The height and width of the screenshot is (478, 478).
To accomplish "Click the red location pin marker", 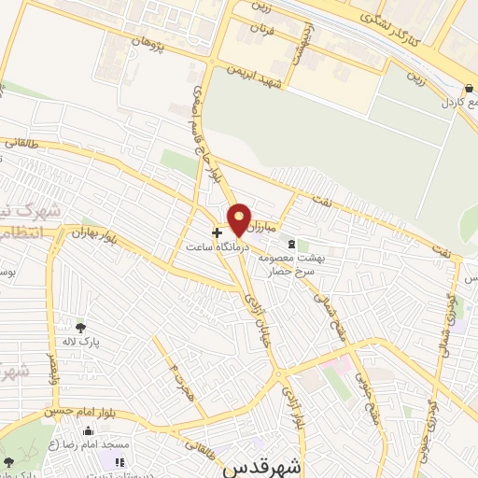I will click(240, 219).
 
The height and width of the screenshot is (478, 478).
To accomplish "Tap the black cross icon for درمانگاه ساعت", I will click(218, 232).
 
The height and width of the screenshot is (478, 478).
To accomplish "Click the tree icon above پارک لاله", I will click(80, 328).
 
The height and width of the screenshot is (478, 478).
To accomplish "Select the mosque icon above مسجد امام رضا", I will click(88, 431).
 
